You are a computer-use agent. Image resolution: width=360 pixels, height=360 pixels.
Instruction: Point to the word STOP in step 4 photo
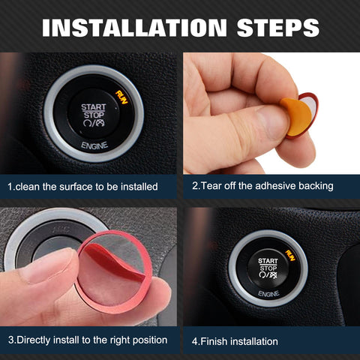coord(268,268)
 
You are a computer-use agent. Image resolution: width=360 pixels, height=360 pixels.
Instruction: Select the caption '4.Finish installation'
coord(235,341)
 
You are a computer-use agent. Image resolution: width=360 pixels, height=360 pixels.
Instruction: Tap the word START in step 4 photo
coord(268,261)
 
